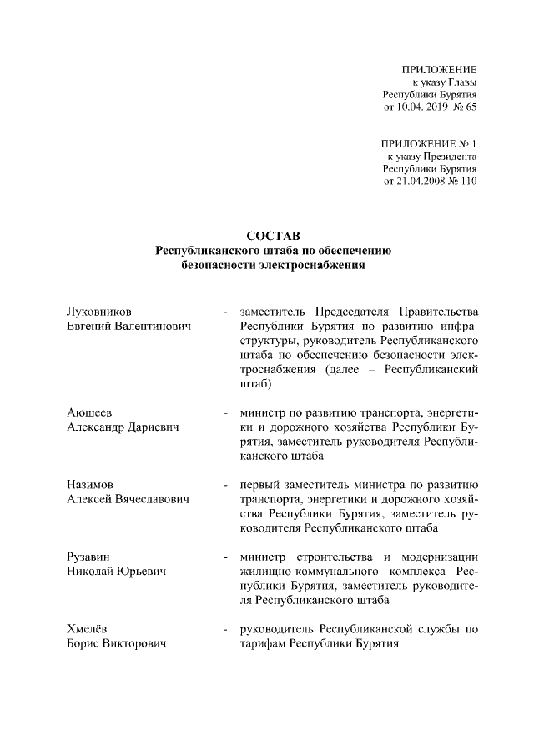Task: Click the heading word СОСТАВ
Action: pyautogui.click(x=267, y=235)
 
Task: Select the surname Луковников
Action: pyautogui.click(x=98, y=311)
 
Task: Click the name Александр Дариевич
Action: pyautogui.click(x=125, y=428)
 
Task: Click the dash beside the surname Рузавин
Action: pyautogui.click(x=225, y=556)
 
